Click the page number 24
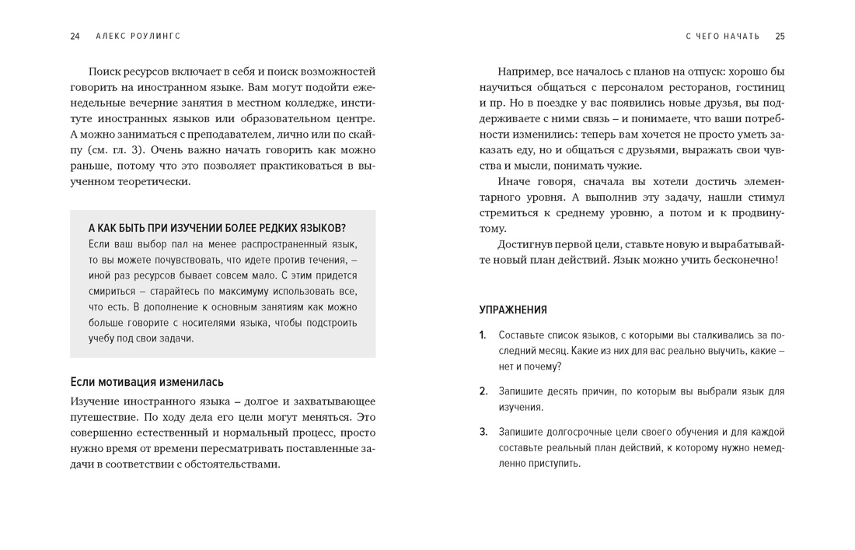point(75,36)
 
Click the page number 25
point(780,36)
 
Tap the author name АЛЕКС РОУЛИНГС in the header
point(138,36)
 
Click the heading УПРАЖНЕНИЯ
point(513,310)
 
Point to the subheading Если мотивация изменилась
point(147,382)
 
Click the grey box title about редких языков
point(217,228)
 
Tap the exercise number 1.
point(483,335)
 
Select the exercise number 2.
point(483,391)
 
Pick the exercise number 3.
point(483,432)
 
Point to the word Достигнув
point(527,244)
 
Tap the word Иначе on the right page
point(516,181)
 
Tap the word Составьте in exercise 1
point(522,335)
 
